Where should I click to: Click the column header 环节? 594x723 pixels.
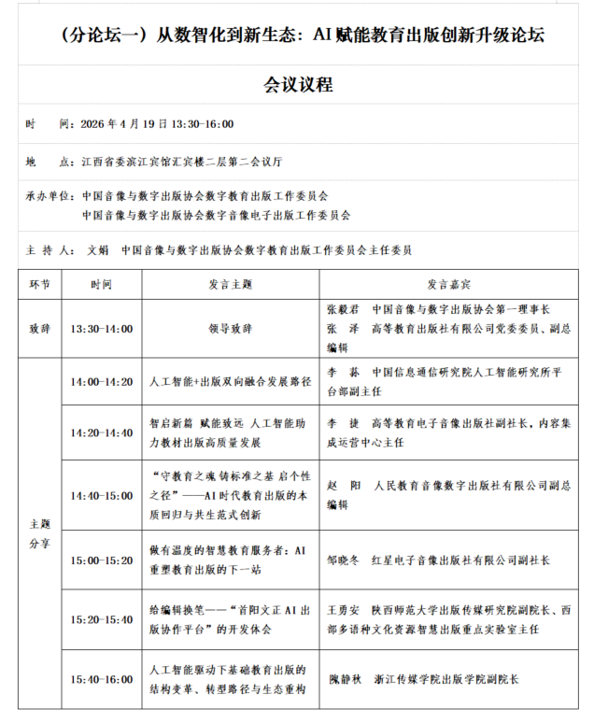[40, 283]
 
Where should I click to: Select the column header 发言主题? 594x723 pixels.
[230, 283]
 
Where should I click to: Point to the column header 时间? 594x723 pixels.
[101, 283]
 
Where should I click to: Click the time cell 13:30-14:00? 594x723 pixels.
[101, 328]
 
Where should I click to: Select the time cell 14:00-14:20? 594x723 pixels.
[101, 382]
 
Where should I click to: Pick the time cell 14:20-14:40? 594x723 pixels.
[101, 432]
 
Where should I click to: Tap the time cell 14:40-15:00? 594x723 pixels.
[101, 495]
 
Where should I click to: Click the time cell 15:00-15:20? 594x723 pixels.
[101, 560]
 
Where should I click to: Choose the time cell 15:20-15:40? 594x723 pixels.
[101, 619]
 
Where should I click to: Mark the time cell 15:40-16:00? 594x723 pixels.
[101, 679]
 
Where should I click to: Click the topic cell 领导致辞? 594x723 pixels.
[230, 328]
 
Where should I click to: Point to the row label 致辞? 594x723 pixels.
[40, 328]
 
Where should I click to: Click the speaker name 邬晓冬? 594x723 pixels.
[343, 560]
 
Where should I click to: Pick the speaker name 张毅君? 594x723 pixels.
[343, 309]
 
